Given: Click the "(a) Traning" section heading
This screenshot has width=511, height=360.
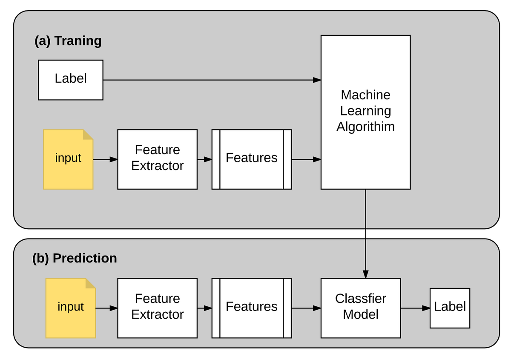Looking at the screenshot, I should [x=68, y=41].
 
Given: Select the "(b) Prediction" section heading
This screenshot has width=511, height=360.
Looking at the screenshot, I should [x=75, y=258].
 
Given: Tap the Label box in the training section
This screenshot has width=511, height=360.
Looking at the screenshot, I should [x=71, y=80].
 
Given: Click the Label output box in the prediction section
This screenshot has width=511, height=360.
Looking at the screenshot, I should [x=450, y=308].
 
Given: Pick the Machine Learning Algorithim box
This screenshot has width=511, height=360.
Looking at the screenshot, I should [x=365, y=112].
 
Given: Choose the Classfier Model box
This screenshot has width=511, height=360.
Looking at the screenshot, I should [x=360, y=308].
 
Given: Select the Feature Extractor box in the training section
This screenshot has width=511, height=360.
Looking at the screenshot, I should [x=157, y=159].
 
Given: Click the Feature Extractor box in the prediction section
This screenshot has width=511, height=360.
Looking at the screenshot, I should [x=157, y=308].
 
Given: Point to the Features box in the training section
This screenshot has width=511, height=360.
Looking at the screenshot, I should [x=251, y=159].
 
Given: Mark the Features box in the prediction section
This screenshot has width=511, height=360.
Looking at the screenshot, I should [x=251, y=308].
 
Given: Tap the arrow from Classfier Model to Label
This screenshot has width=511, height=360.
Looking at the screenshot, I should [x=415, y=308].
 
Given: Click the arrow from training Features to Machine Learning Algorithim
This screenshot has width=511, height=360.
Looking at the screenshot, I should [x=306, y=159].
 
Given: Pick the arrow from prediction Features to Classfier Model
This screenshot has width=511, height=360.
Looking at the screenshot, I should [x=306, y=308].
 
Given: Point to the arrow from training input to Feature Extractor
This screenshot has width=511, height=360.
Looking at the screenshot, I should [x=105, y=159].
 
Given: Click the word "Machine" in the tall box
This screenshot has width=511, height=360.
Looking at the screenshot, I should [x=365, y=95].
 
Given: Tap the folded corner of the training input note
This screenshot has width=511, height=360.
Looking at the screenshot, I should [x=88, y=134].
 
